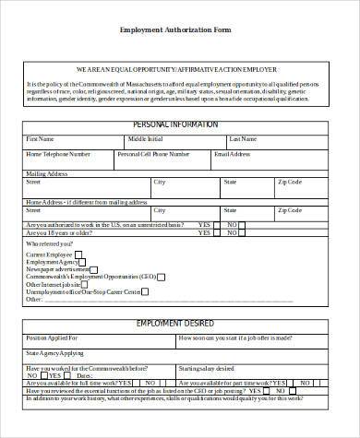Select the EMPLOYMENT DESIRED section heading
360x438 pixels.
[x=175, y=324]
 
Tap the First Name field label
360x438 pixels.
[x=42, y=139]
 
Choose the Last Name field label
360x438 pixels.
[x=243, y=139]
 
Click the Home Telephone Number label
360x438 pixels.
[x=59, y=155]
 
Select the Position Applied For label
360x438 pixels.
[x=52, y=338]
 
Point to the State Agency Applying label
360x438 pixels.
[x=54, y=353]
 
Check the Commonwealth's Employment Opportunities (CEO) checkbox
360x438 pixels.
[x=162, y=276]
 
